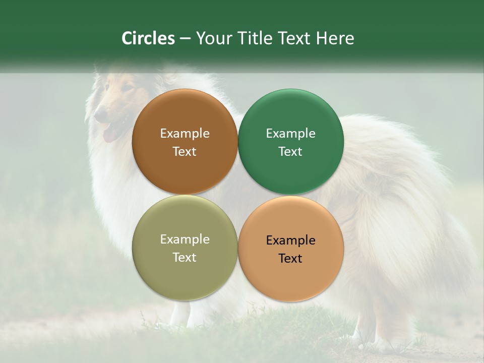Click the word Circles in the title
point(148,38)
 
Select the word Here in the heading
point(335,38)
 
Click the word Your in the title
point(215,38)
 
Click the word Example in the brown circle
point(185,134)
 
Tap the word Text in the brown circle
point(185,152)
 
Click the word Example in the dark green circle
point(290,134)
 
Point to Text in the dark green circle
point(290,152)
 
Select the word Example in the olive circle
point(185,239)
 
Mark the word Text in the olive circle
point(185,258)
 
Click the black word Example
point(290,240)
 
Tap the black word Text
point(290,259)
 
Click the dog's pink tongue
point(108,135)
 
